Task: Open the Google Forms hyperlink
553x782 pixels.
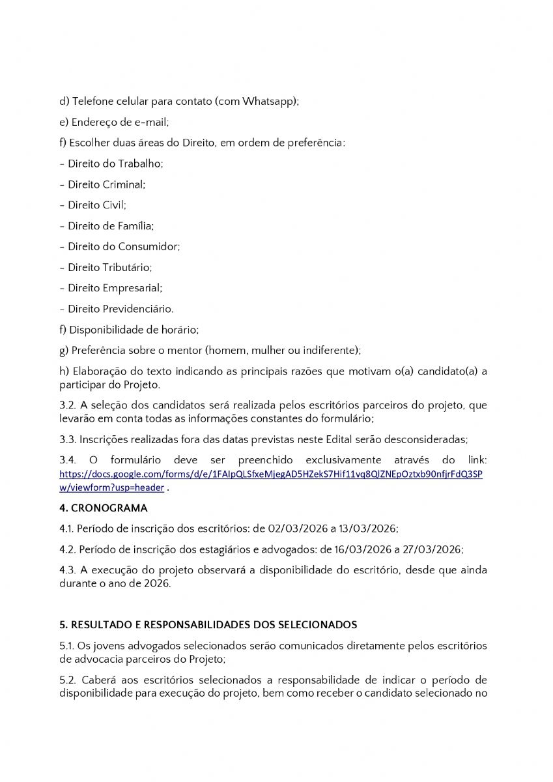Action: [x=270, y=474]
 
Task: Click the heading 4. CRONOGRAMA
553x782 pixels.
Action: [x=103, y=508]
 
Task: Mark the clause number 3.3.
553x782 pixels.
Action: [x=67, y=439]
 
